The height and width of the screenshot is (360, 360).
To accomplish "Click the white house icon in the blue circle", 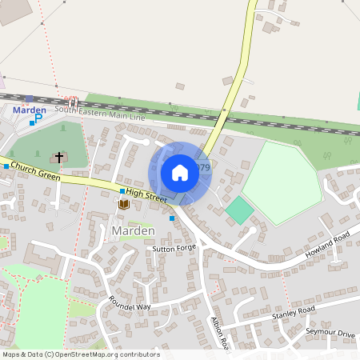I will click(x=180, y=172).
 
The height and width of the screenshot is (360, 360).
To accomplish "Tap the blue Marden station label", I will click(x=29, y=110).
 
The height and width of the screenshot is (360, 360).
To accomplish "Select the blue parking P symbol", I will click(x=38, y=118).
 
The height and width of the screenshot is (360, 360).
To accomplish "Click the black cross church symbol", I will click(x=59, y=157).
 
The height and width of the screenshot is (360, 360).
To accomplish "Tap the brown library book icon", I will click(x=123, y=205).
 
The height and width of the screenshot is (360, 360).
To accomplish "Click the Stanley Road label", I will click(x=294, y=312).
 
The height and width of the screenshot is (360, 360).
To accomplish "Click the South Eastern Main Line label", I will click(x=111, y=116).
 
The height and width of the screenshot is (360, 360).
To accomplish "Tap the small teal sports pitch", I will click(x=239, y=210).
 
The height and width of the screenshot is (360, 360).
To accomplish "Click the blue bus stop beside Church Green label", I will click(x=6, y=166).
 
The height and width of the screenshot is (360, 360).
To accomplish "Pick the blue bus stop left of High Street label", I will click(x=122, y=191).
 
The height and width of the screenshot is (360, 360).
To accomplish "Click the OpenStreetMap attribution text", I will click(x=80, y=354).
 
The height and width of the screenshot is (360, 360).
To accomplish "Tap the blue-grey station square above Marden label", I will click(x=30, y=98).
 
